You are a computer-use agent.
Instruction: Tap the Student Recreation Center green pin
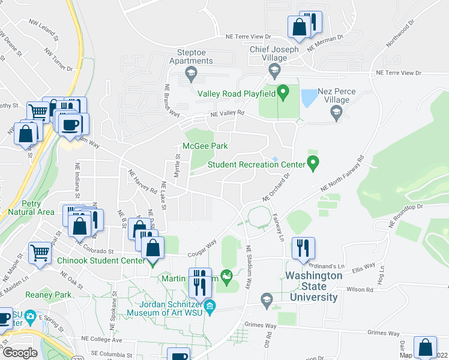[312, 163]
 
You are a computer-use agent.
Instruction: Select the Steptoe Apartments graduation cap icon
[191, 74]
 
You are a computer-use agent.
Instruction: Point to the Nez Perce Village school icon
[336, 112]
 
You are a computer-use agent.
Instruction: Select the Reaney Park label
[48, 295]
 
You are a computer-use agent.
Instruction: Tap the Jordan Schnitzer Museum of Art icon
[209, 308]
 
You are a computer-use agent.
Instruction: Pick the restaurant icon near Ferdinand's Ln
[303, 247]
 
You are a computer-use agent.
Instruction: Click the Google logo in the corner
[20, 352]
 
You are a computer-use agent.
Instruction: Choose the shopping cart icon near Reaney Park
[40, 253]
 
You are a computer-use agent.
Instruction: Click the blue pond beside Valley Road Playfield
[309, 97]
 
